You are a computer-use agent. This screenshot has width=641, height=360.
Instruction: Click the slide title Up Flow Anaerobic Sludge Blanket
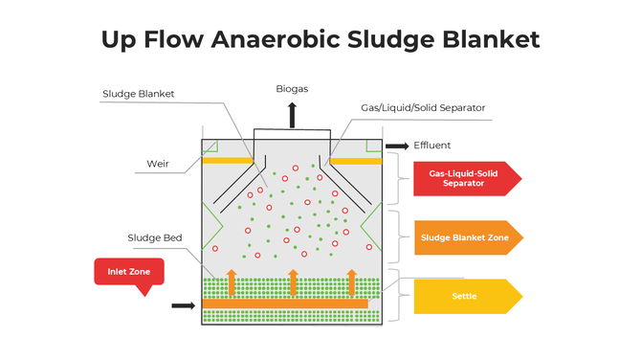(320, 39)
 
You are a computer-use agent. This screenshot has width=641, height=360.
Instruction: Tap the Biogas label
(293, 88)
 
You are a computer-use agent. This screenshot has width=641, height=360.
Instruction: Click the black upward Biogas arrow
(293, 114)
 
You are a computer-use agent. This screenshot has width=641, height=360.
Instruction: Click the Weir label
(158, 162)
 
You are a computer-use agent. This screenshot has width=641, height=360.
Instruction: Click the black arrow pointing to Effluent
(396, 146)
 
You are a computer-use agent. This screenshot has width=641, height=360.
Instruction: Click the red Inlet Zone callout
(128, 272)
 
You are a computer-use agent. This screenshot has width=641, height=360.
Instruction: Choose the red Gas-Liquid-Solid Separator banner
(464, 177)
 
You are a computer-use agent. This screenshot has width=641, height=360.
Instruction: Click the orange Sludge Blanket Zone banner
(464, 236)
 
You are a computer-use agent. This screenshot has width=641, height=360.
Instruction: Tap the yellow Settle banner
(464, 296)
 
